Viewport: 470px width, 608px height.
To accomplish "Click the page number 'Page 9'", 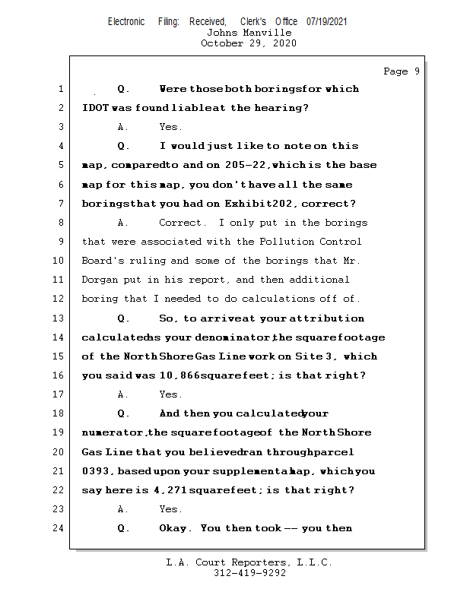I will click(402, 71).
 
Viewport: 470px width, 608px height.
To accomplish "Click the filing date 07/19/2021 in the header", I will click(327, 21).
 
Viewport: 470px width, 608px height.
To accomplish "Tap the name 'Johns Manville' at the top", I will click(249, 33).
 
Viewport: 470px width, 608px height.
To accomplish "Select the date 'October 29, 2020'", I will click(249, 43).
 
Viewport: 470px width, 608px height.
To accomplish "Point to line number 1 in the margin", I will click(61, 89).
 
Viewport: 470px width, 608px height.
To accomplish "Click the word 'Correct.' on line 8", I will click(182, 223).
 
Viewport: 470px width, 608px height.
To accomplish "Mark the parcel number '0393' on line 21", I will click(94, 471).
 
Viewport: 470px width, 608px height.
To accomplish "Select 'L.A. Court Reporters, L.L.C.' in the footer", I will click(249, 562).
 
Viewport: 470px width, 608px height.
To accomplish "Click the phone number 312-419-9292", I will click(249, 573).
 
